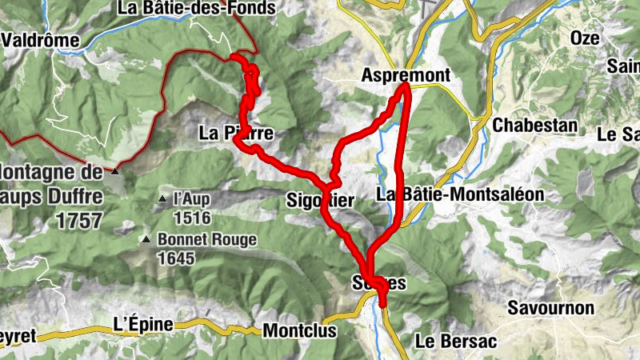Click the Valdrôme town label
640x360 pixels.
point(41,40)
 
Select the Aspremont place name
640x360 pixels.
point(406,74)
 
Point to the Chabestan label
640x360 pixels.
point(535,126)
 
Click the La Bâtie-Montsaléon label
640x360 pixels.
point(459,194)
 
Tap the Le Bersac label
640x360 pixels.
point(456,342)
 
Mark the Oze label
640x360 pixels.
point(584,38)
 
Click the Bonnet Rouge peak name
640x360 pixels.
point(207,239)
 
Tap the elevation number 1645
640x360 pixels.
point(177,258)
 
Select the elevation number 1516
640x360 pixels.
point(191,218)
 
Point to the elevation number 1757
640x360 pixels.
point(80,222)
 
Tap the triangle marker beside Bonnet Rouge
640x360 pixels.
point(146,239)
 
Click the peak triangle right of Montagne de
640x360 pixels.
point(116,171)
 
